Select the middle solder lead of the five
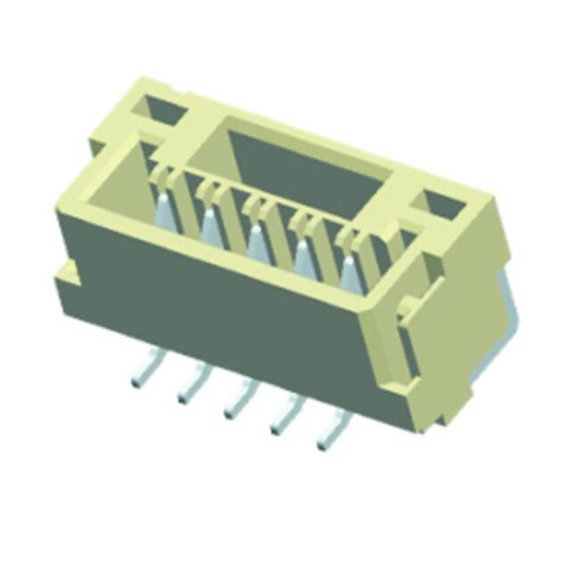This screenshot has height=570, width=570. click(x=238, y=398)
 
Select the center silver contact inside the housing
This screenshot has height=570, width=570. click(x=257, y=240)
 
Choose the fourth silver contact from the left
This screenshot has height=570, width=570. click(x=304, y=255)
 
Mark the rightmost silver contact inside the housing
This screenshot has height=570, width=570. click(x=350, y=271)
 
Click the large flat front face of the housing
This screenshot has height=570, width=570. click(x=223, y=303)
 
